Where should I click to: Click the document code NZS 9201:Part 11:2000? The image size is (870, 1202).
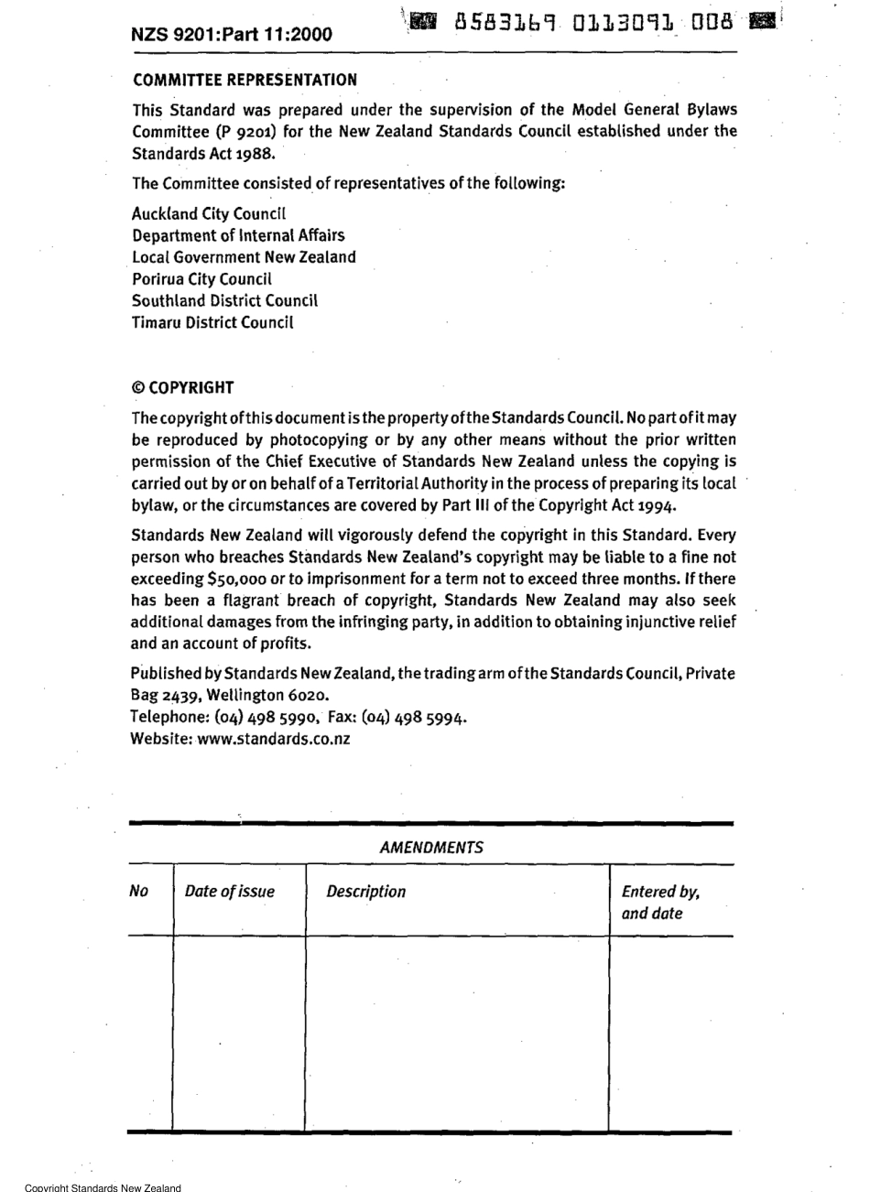232,35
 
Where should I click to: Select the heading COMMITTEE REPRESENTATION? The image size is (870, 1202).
245,81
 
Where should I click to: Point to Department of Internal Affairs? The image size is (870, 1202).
238,236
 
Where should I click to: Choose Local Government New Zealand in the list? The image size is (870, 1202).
244,258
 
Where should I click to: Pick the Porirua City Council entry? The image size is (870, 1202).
201,279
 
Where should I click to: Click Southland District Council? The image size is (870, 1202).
224,300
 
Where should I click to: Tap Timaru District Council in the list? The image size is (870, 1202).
212,322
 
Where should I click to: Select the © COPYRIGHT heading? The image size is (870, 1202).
183,387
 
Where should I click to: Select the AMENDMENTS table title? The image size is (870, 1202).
430,848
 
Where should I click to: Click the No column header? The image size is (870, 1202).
139,892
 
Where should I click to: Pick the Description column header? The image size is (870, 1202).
365,892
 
